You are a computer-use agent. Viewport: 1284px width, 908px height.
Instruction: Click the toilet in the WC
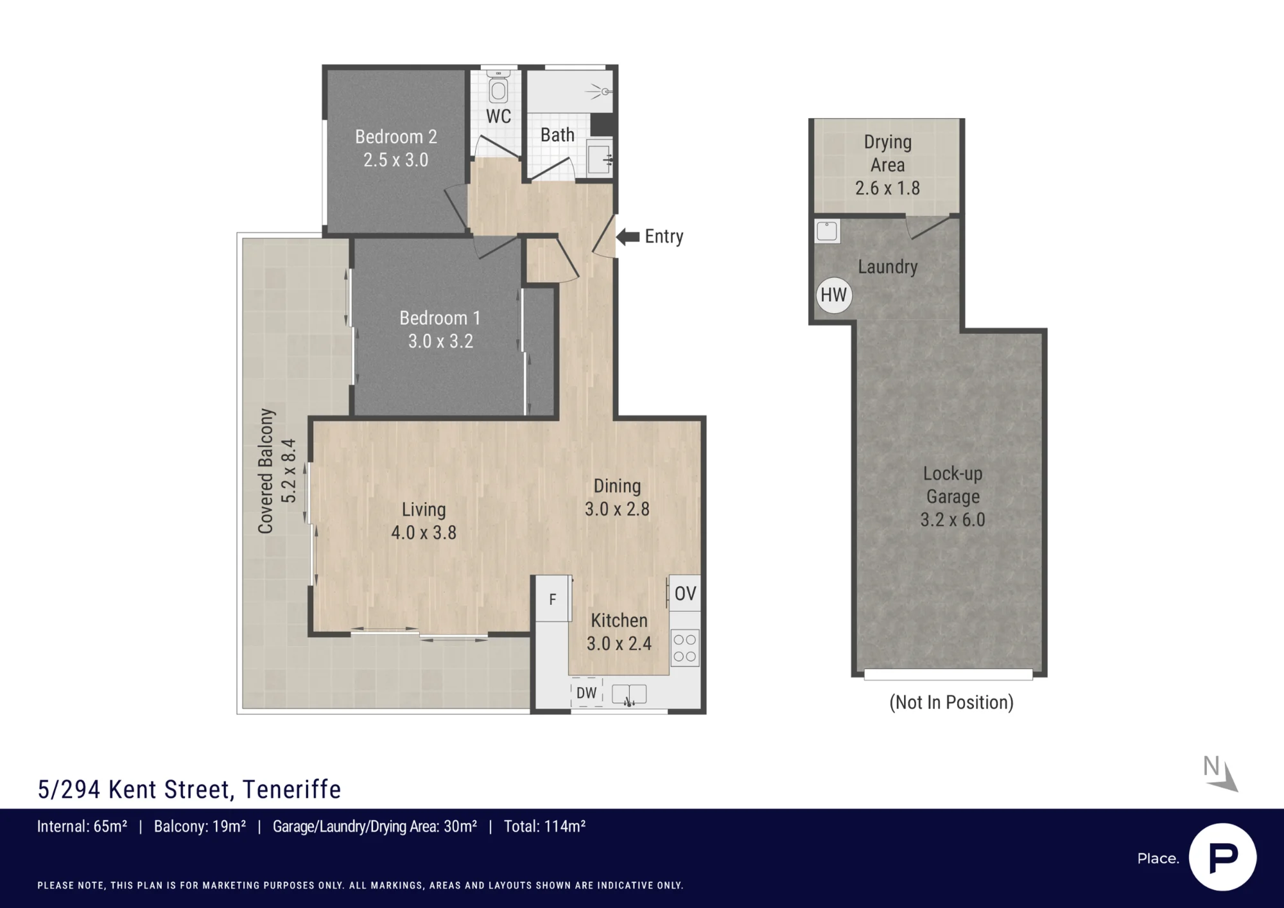click(498, 87)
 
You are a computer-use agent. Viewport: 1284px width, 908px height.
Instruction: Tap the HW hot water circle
click(833, 295)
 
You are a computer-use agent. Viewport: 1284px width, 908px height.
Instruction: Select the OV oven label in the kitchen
click(685, 593)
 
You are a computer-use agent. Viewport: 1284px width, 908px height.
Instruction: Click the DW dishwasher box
click(587, 693)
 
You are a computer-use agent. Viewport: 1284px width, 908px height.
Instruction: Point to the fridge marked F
click(552, 598)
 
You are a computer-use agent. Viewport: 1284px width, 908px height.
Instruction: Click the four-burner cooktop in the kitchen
click(685, 648)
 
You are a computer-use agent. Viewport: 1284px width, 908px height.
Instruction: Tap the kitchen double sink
click(629, 694)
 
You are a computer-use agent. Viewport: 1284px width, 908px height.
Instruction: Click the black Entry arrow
click(628, 237)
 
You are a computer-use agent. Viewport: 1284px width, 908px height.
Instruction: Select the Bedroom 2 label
click(396, 137)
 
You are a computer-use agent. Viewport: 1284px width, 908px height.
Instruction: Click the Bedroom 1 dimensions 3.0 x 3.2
click(440, 341)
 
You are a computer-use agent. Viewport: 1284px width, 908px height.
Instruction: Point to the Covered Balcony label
click(266, 471)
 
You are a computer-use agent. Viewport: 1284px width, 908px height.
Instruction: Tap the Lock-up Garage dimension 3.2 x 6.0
click(953, 519)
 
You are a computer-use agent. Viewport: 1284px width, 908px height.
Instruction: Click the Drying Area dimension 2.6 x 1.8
click(887, 188)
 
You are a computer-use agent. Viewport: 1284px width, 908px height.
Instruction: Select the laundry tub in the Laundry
click(827, 231)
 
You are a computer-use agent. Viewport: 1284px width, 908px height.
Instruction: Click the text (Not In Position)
click(951, 703)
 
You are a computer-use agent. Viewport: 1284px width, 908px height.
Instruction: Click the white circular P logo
click(1222, 857)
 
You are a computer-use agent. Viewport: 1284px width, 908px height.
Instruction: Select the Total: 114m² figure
click(544, 826)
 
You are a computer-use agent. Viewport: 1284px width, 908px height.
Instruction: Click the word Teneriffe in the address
click(291, 789)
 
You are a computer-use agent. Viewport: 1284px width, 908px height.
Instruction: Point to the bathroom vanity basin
click(600, 159)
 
